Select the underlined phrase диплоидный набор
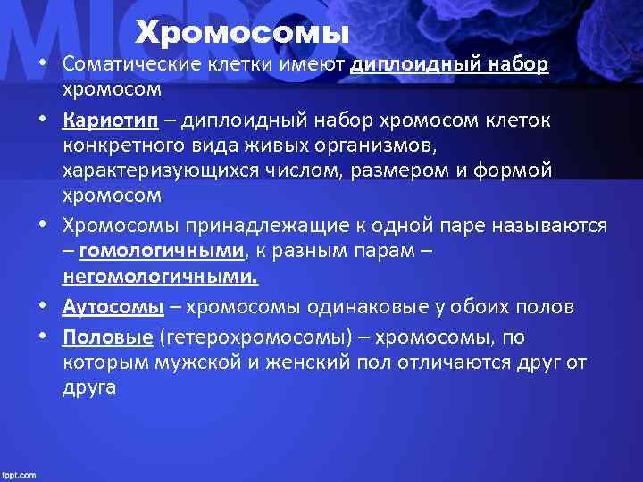click(450, 67)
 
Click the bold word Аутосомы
click(113, 308)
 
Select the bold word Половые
click(108, 337)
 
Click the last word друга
click(89, 389)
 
